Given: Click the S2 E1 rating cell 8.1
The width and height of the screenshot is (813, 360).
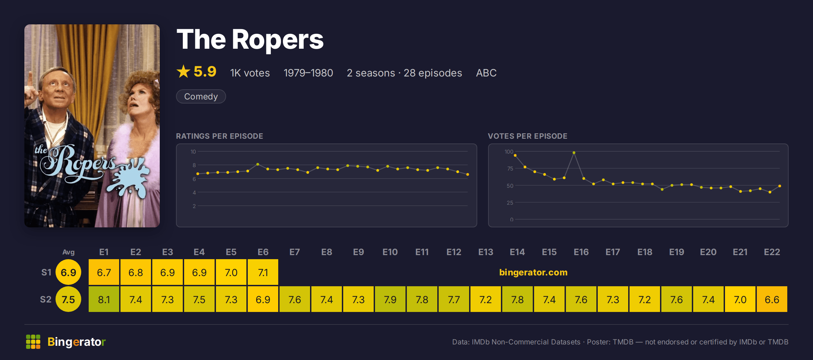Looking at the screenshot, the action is [104, 299].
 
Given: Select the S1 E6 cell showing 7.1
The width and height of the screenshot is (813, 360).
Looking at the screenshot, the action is [263, 272].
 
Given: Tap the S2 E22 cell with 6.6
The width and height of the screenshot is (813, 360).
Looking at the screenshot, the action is [772, 299].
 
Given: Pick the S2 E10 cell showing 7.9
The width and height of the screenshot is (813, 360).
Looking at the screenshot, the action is [390, 299].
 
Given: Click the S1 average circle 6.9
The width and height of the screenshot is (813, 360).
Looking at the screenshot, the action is [68, 272].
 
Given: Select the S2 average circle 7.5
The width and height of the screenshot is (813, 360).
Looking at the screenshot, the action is [68, 299].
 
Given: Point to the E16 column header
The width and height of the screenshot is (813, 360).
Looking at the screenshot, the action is [581, 252].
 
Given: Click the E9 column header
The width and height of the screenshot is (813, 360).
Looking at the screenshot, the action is [358, 252].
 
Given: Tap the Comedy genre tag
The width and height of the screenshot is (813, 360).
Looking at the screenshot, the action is [201, 96].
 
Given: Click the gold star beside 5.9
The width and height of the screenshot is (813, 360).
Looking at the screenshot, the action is [183, 71].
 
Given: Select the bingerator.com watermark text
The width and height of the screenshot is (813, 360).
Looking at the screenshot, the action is [533, 272].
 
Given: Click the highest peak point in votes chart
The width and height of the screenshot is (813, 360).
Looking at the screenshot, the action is [574, 153].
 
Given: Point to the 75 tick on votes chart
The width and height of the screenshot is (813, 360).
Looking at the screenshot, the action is [510, 168].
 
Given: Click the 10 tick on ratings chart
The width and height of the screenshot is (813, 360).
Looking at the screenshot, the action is [193, 152].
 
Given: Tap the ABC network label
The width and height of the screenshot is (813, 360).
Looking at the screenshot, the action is [486, 73].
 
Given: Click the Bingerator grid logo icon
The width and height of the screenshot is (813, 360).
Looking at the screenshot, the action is [33, 342].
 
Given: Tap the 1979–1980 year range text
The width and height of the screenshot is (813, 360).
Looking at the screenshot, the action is [308, 73].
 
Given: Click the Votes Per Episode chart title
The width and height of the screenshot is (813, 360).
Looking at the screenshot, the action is [528, 136].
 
